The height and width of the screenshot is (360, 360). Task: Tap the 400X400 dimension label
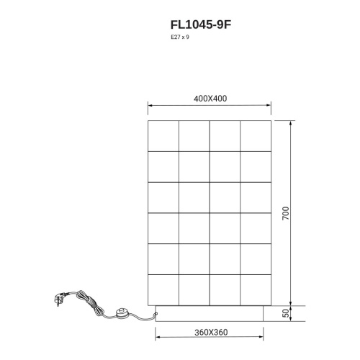(210, 99)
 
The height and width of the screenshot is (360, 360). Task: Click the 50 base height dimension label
(285, 314)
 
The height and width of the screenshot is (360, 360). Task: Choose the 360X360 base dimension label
(210, 332)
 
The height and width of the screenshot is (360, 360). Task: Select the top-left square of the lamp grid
(163, 135)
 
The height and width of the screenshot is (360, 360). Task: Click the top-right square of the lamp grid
(256, 135)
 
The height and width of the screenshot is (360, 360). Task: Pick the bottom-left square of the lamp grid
(163, 289)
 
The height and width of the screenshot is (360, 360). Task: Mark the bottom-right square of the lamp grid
(256, 289)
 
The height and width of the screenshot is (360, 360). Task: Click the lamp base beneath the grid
(210, 313)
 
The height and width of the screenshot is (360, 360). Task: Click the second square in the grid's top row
(194, 135)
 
